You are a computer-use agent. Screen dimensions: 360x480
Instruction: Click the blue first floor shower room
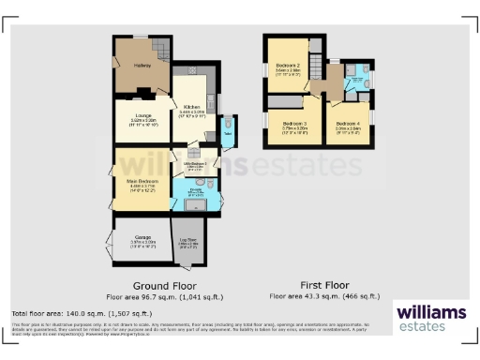click(x=357, y=80)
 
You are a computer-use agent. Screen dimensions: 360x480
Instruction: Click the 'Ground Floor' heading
click(x=157, y=284)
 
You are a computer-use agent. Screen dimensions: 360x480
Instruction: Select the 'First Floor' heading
click(x=324, y=284)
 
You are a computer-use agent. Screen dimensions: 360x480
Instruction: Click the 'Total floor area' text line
click(x=82, y=313)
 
